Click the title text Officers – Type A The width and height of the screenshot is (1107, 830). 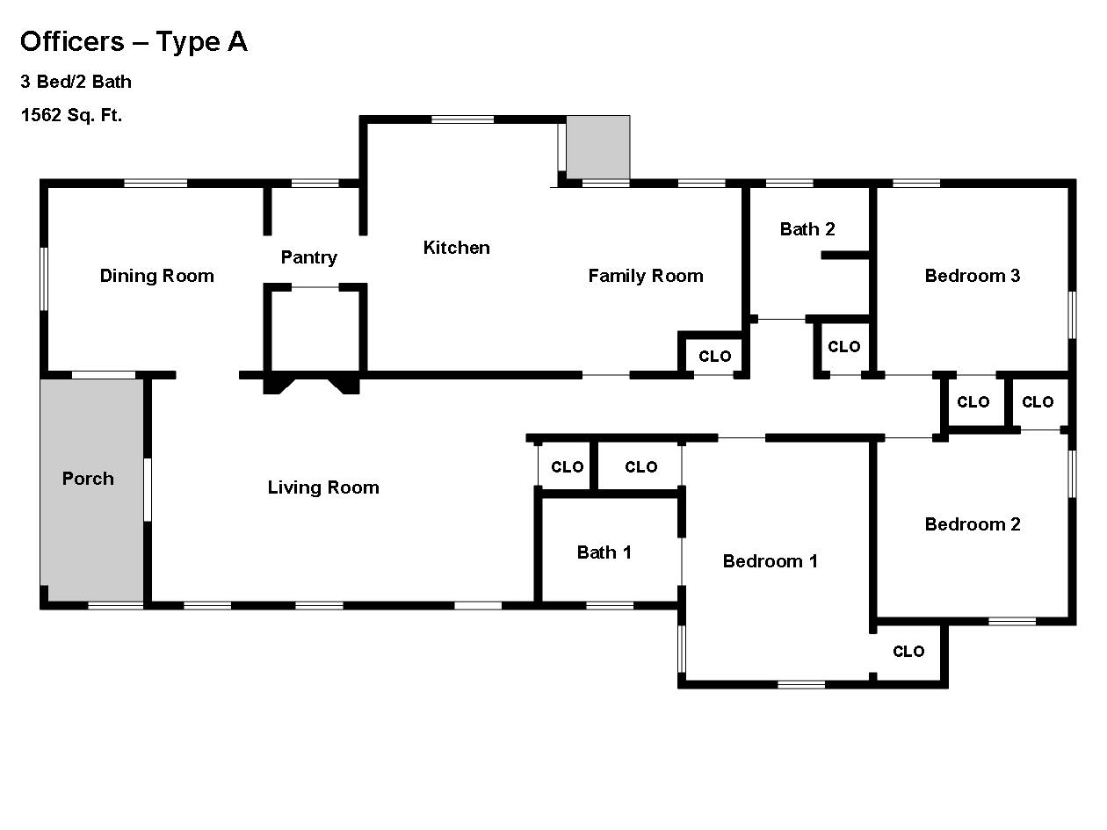[134, 42]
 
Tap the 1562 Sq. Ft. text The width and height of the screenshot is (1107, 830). [71, 115]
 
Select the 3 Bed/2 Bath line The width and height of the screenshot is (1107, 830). [76, 82]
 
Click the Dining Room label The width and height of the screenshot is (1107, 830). [157, 276]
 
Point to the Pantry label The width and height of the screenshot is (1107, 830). [308, 257]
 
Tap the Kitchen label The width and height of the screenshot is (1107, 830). [456, 248]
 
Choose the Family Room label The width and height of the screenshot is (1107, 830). [646, 276]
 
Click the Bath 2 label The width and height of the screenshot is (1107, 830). [807, 229]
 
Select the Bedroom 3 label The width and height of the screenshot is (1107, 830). [973, 276]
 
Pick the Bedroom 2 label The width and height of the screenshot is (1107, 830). [973, 524]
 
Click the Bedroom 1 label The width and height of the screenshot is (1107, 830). [771, 561]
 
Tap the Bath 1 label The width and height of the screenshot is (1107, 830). [604, 552]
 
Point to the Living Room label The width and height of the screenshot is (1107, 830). [323, 487]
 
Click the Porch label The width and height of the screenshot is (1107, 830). [88, 479]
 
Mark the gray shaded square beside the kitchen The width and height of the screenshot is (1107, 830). [598, 148]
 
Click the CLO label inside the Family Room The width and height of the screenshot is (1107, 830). [714, 357]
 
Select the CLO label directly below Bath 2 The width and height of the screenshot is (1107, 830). [843, 347]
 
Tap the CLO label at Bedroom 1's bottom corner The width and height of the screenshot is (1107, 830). [908, 652]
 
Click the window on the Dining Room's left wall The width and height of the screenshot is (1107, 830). [44, 278]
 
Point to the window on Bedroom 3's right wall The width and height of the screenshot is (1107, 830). [1072, 315]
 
